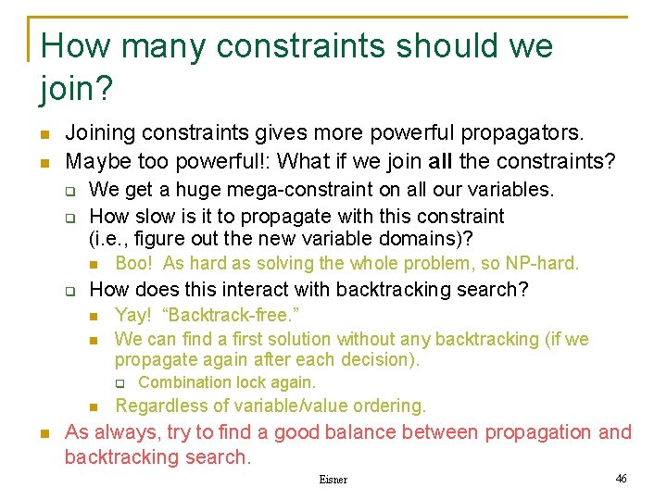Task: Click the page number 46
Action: [621, 478]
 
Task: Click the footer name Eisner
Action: [333, 480]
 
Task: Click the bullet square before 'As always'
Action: [44, 433]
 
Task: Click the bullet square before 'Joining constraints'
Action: [44, 135]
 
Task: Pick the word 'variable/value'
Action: [283, 406]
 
